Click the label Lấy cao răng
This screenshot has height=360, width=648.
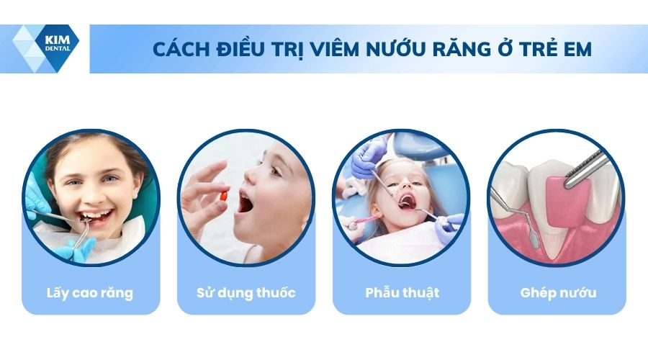91,293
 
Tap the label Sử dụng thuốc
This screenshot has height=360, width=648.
246,293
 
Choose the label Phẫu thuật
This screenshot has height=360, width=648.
402,293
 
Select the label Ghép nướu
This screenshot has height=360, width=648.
558,293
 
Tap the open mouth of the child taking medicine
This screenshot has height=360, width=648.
246,204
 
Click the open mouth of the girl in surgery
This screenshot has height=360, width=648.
407,202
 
